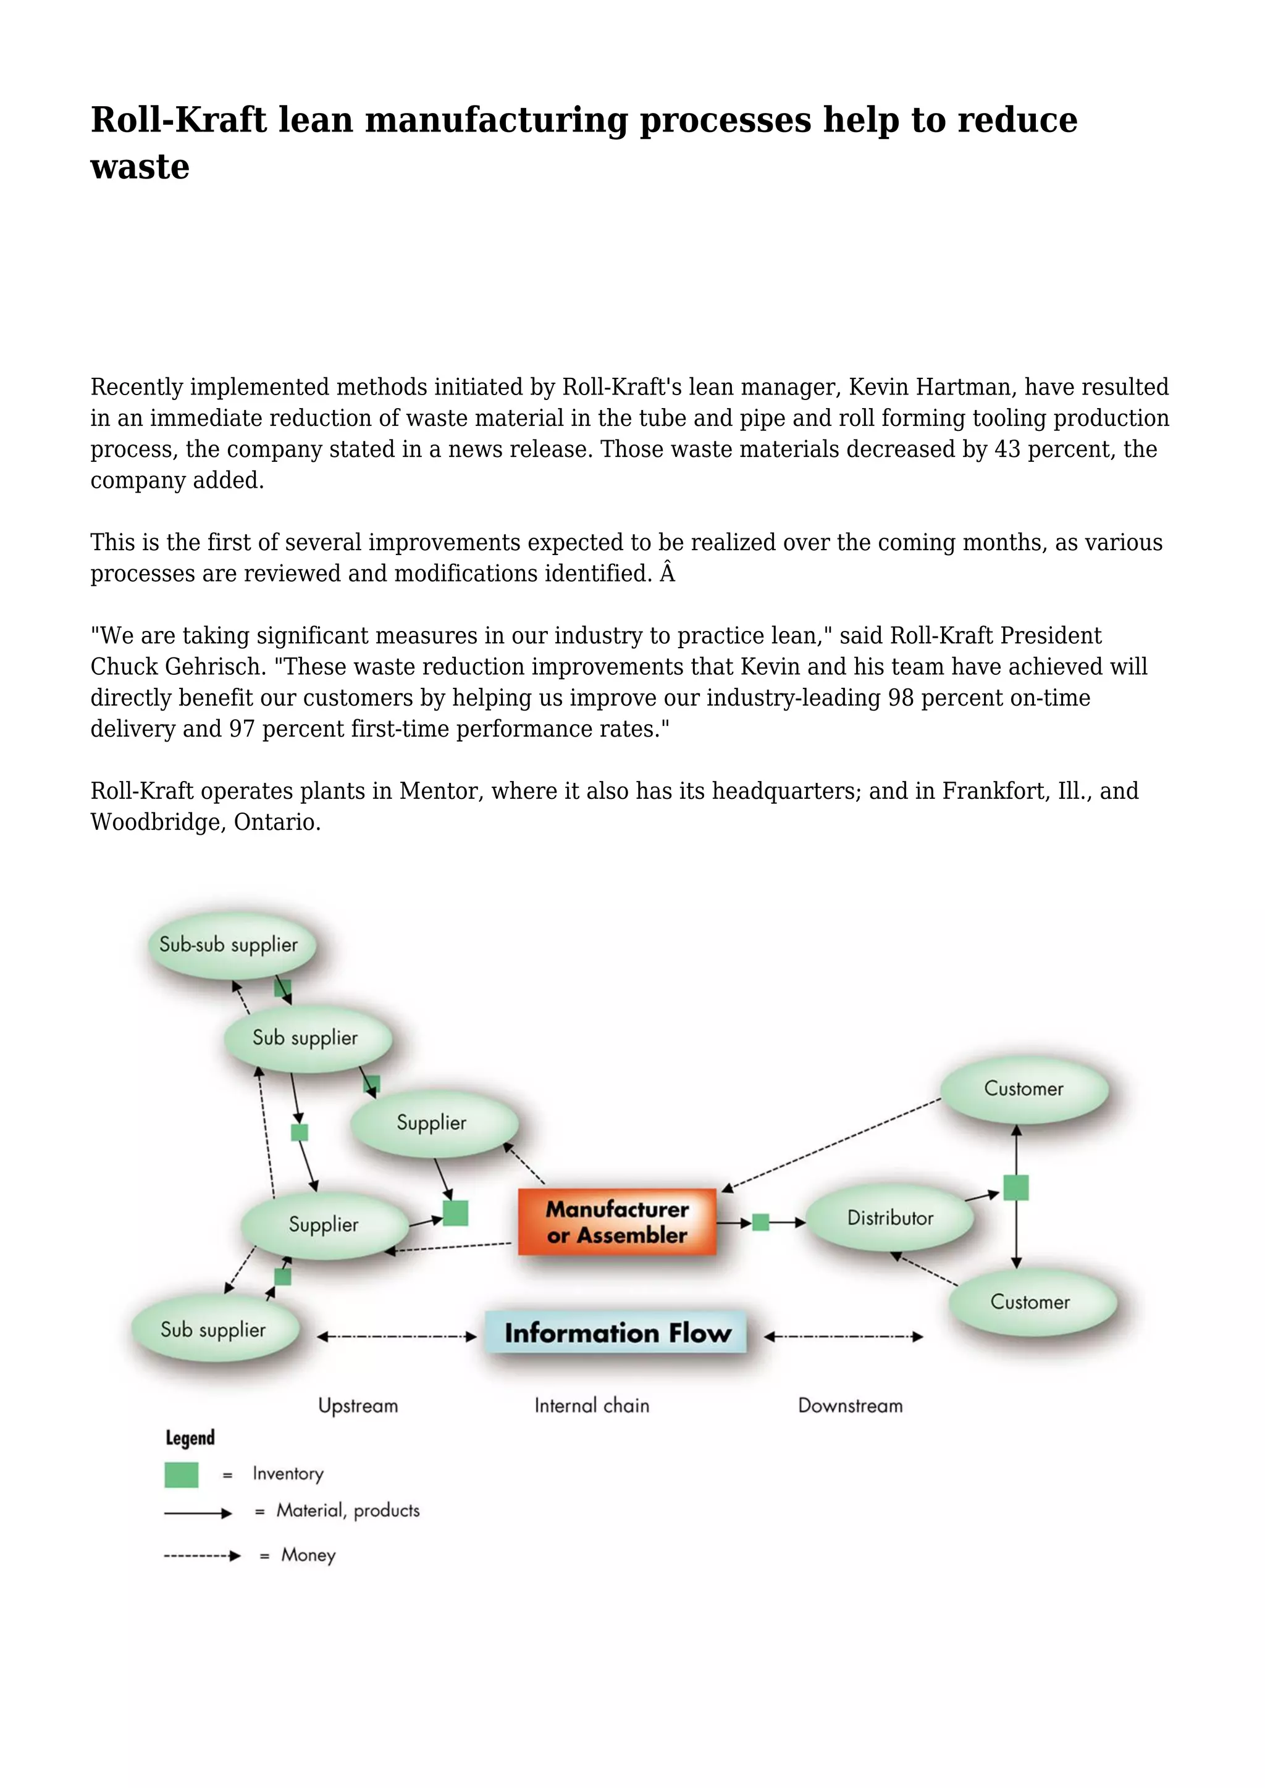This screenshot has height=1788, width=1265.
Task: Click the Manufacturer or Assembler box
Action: tap(617, 1221)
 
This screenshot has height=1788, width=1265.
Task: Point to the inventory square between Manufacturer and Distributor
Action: tap(761, 1222)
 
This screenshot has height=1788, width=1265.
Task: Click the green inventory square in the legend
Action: tap(182, 1474)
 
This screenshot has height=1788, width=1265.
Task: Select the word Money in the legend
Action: tap(308, 1555)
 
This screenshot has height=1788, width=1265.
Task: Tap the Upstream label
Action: tap(358, 1406)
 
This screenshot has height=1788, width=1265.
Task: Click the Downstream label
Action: tap(850, 1406)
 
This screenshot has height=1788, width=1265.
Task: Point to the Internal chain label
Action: tap(591, 1406)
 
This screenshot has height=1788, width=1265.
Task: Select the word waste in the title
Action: tap(140, 167)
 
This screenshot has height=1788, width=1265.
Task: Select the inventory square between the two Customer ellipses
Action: tap(1015, 1188)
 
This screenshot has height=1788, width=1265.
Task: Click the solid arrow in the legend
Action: tap(198, 1513)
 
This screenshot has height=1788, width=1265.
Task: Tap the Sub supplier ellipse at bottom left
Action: tap(214, 1329)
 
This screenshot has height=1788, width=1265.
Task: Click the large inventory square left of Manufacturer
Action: tap(456, 1213)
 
